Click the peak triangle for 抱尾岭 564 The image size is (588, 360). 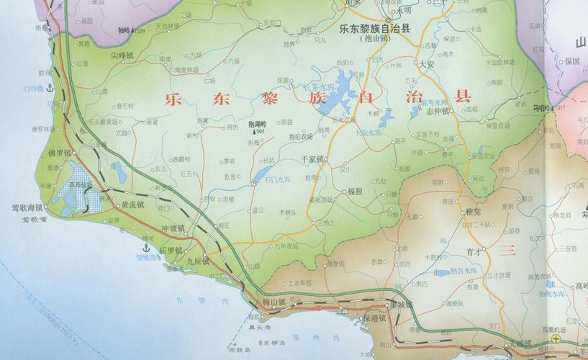(x=252, y=132)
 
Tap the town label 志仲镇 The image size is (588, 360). (x=437, y=112)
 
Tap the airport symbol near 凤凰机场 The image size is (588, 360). (x=556, y=338)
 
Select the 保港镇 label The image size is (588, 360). (x=374, y=317)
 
